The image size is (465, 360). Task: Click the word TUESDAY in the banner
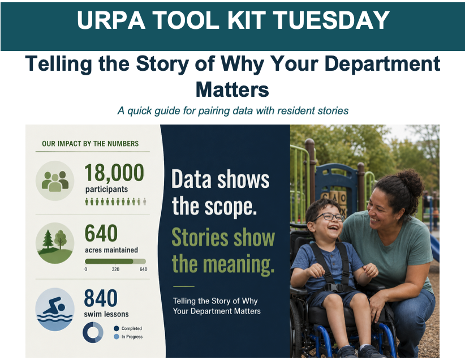pyautogui.click(x=331, y=20)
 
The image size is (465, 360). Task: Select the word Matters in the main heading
pyautogui.click(x=232, y=89)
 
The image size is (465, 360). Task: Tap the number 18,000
pyautogui.click(x=114, y=173)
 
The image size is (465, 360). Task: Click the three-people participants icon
pyautogui.click(x=55, y=181)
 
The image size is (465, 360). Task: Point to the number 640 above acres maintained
pyautogui.click(x=101, y=233)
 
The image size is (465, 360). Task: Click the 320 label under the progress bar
pyautogui.click(x=115, y=269)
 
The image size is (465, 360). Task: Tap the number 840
pyautogui.click(x=101, y=298)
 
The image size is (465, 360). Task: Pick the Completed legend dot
pyautogui.click(x=117, y=328)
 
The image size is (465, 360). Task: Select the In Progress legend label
pyautogui.click(x=132, y=337)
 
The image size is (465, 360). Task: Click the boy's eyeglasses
pyautogui.click(x=328, y=217)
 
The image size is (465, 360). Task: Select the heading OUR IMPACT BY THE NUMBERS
pyautogui.click(x=90, y=144)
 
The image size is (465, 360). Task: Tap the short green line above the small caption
pyautogui.click(x=184, y=286)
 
